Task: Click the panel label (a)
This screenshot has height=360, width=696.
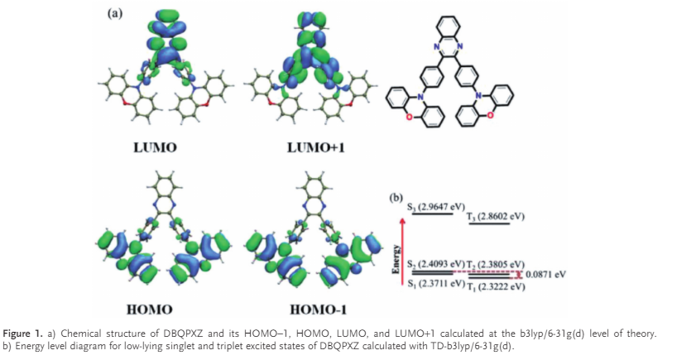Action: click(x=114, y=13)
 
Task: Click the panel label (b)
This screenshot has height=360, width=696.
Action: click(x=396, y=198)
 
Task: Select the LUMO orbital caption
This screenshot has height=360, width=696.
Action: click(x=155, y=147)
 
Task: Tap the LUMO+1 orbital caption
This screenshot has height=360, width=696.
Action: click(x=315, y=147)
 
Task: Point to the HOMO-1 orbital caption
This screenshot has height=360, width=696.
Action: click(x=318, y=309)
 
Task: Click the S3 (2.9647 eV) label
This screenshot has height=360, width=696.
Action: click(x=436, y=207)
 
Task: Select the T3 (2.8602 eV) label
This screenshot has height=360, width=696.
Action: click(x=496, y=217)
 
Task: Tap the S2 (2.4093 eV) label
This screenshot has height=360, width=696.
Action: click(x=436, y=264)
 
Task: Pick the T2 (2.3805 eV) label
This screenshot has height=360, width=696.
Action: click(x=496, y=265)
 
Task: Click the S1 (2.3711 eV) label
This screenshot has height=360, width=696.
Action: click(x=436, y=283)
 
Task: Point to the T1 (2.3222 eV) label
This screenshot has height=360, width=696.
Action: click(x=496, y=286)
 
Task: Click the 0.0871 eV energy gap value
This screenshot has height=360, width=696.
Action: click(x=545, y=274)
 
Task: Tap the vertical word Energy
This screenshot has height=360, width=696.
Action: click(x=396, y=259)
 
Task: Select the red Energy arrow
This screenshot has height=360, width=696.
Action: click(x=402, y=252)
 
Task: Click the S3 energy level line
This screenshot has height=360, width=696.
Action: click(x=433, y=214)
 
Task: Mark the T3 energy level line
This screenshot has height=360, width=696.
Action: click(x=489, y=224)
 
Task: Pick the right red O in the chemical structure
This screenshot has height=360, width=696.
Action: click(x=490, y=115)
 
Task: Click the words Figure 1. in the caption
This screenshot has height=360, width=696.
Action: click(x=23, y=334)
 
